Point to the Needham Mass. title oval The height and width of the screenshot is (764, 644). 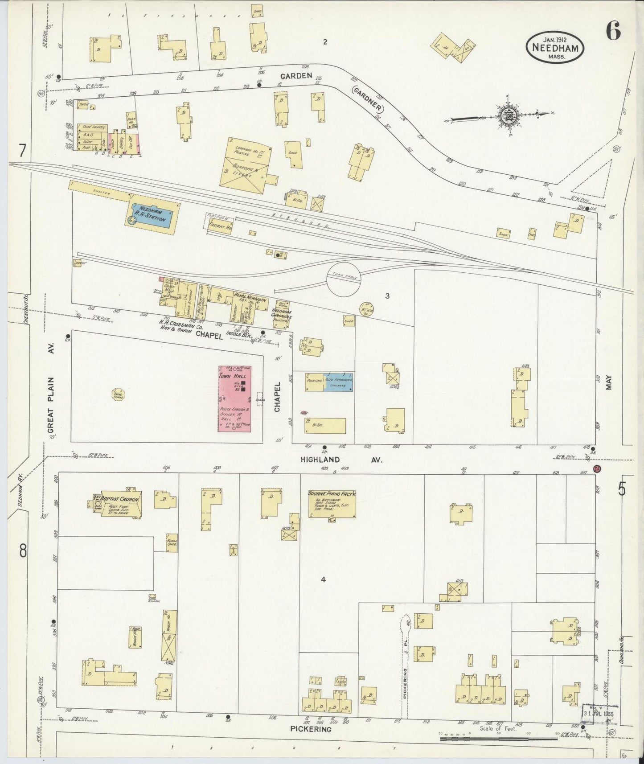click(x=555, y=48)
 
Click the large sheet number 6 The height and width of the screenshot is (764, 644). click(x=613, y=31)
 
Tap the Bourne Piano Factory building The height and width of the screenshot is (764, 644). click(x=332, y=504)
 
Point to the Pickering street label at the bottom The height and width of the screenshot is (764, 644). click(x=311, y=729)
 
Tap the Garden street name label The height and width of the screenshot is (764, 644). click(x=296, y=76)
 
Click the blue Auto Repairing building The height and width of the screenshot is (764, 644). click(x=338, y=382)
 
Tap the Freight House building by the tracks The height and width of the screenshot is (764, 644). click(x=220, y=227)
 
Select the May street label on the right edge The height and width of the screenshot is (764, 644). click(x=608, y=382)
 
